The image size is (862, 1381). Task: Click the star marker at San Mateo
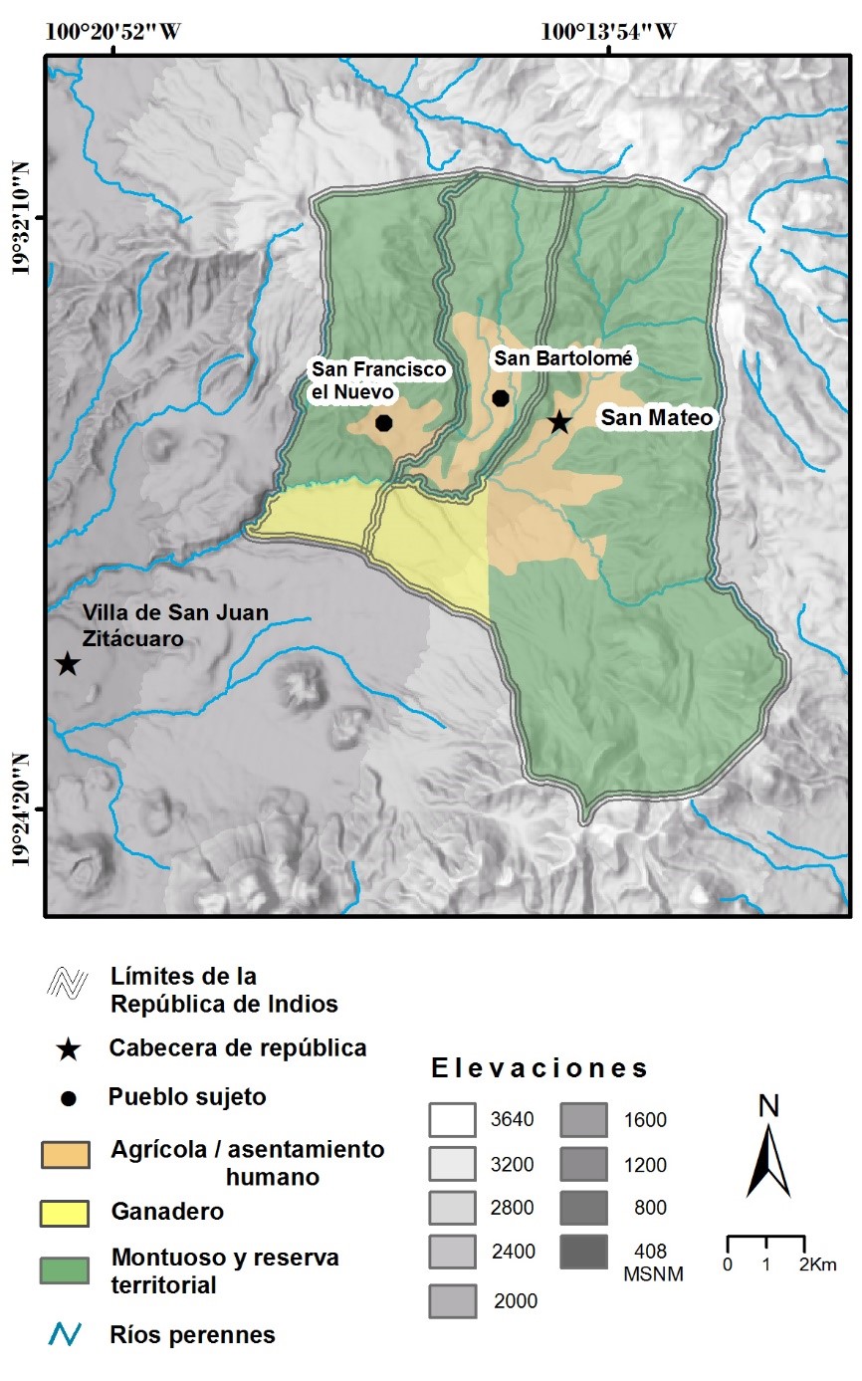pyautogui.click(x=559, y=422)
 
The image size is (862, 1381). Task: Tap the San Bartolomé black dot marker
pyautogui.click(x=501, y=398)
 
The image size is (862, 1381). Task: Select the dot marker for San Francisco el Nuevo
pyautogui.click(x=383, y=423)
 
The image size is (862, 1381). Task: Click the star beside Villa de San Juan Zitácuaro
pyautogui.click(x=67, y=663)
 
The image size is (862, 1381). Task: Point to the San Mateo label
pyautogui.click(x=656, y=419)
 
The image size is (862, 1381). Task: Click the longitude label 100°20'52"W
pyautogui.click(x=112, y=31)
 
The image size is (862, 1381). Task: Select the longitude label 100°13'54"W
pyautogui.click(x=608, y=31)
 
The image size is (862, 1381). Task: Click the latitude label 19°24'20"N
pyautogui.click(x=27, y=811)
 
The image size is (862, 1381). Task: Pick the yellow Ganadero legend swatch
pyautogui.click(x=65, y=1213)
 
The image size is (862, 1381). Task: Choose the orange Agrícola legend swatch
pyautogui.click(x=65, y=1154)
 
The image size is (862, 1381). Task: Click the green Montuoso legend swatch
pyautogui.click(x=65, y=1270)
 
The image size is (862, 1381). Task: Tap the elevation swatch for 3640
pyautogui.click(x=454, y=1119)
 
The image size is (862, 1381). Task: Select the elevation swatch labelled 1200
pyautogui.click(x=583, y=1164)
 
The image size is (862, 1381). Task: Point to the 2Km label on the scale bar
pyautogui.click(x=816, y=1265)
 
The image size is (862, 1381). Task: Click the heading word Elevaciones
pyautogui.click(x=539, y=1069)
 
